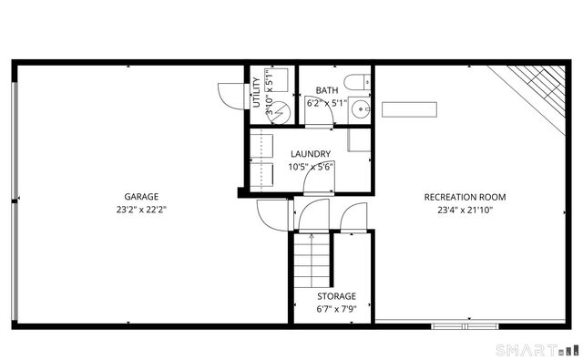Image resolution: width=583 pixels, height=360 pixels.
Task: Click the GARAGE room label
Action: pyautogui.click(x=141, y=197)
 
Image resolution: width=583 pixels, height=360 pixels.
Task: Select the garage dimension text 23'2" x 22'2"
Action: pyautogui.click(x=141, y=209)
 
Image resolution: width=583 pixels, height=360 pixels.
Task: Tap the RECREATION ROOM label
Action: pyautogui.click(x=465, y=197)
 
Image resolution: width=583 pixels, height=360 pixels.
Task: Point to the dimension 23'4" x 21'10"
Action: pyautogui.click(x=465, y=209)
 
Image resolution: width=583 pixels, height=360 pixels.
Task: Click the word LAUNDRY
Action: pyautogui.click(x=310, y=154)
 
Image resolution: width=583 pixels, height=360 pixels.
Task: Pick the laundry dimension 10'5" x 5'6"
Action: pyautogui.click(x=310, y=166)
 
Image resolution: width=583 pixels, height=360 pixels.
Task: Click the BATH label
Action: pyautogui.click(x=327, y=90)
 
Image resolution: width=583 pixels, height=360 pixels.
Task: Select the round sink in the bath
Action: pyautogui.click(x=362, y=110)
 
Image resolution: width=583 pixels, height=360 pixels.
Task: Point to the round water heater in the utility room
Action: pyautogui.click(x=281, y=112)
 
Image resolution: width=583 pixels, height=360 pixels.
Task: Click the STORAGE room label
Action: pyautogui.click(x=336, y=296)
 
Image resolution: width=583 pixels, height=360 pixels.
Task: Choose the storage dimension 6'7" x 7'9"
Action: pyautogui.click(x=336, y=308)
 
